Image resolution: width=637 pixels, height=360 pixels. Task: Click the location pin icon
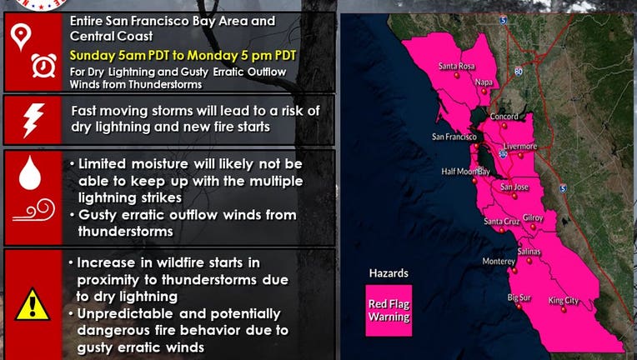click(21, 37)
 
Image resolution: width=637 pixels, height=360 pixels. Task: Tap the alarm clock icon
click(44, 65)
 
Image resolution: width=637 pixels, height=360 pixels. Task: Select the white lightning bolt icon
click(33, 120)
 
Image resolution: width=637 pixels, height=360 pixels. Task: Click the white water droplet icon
click(30, 172)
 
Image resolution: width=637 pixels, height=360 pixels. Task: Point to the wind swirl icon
click(34, 210)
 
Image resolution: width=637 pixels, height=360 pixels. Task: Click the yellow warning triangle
click(33, 304)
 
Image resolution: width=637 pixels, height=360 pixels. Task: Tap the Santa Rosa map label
click(457, 66)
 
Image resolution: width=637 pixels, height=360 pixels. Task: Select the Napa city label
click(484, 82)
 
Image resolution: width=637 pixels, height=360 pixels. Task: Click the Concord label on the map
click(504, 117)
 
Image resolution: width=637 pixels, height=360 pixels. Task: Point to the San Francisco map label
click(454, 137)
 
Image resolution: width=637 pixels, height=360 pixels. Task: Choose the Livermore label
click(520, 146)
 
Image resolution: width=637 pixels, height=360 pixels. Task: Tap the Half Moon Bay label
click(465, 172)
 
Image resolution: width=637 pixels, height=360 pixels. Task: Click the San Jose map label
click(514, 187)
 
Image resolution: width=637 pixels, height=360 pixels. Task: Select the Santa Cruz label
click(502, 222)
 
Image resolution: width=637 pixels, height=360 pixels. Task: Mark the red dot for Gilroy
click(533, 227)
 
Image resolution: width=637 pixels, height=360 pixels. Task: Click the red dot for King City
click(564, 310)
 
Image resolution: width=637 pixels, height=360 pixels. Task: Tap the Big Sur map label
click(519, 297)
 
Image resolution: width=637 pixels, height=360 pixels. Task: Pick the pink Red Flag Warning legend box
click(389, 311)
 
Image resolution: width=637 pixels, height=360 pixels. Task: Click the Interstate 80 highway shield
click(518, 72)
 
